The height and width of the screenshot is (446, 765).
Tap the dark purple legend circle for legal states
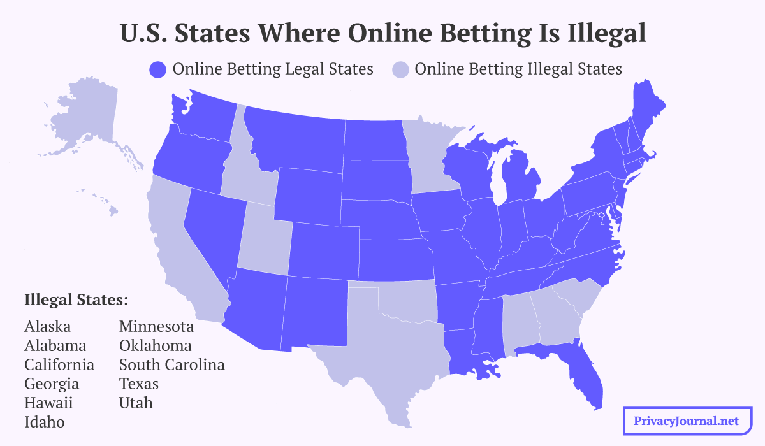pyautogui.click(x=157, y=69)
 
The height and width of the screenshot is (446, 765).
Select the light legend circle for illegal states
pyautogui.click(x=400, y=69)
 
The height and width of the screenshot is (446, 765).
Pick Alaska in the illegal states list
pyautogui.click(x=48, y=327)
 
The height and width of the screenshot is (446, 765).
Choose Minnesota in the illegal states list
pyautogui.click(x=156, y=327)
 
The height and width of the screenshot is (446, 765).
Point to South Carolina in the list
pyautogui.click(x=171, y=365)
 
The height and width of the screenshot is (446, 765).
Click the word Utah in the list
pyautogui.click(x=136, y=403)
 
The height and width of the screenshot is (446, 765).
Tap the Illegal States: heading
pyautogui.click(x=76, y=299)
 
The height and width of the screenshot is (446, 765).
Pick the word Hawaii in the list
pyautogui.click(x=48, y=403)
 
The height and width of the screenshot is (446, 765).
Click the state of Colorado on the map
pyautogui.click(x=322, y=252)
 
